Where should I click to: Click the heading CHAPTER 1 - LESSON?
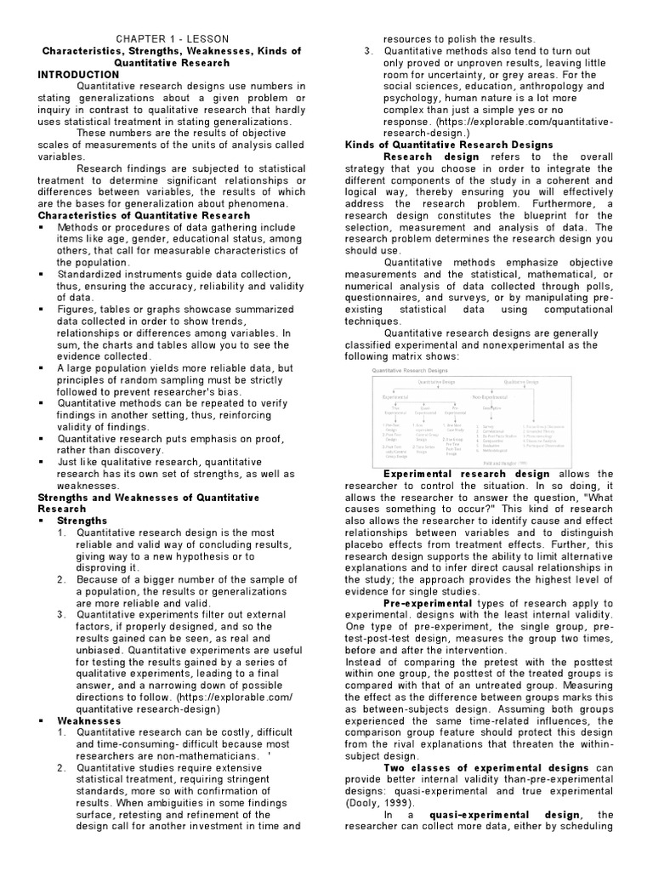(173, 39)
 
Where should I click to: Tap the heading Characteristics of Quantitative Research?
(144, 215)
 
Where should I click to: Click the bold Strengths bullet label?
(82, 520)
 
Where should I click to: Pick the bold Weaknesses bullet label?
(88, 720)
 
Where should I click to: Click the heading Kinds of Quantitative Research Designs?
(449, 145)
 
